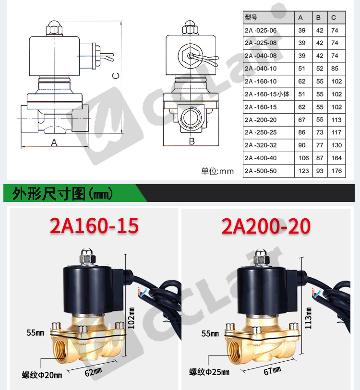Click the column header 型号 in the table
251,17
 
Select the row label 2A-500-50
261,171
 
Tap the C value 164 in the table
336,158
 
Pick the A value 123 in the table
303,171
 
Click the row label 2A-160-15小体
267,95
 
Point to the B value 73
320,132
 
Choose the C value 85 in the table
335,69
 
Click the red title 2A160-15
94,225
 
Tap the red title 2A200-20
266,225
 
